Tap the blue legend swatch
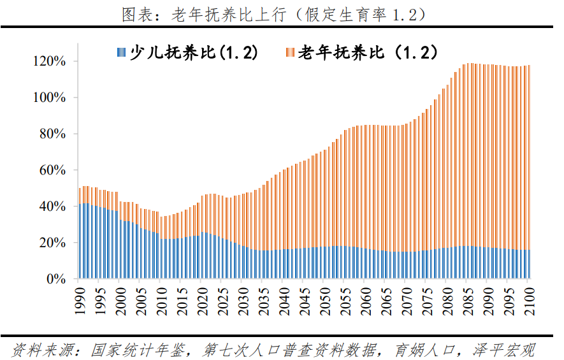pos(121,53)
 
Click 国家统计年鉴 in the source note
pos(140,350)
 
